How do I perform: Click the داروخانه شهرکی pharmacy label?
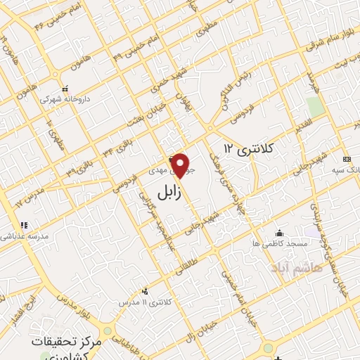[65, 100]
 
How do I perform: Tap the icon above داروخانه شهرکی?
[65, 89]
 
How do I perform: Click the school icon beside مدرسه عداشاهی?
[24, 226]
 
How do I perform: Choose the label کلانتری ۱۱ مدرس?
[146, 302]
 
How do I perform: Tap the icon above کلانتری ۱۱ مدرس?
[146, 290]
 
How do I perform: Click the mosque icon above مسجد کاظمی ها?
[281, 233]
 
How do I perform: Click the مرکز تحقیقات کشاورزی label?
[67, 345]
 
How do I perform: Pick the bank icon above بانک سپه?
[347, 159]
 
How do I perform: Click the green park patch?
[316, 108]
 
